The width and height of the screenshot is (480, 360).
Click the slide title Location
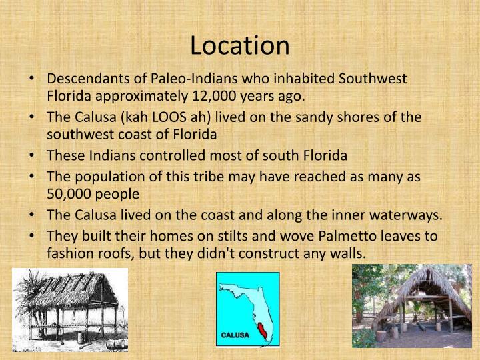pyautogui.click(x=240, y=45)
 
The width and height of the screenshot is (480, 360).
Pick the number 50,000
pyautogui.click(x=69, y=194)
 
